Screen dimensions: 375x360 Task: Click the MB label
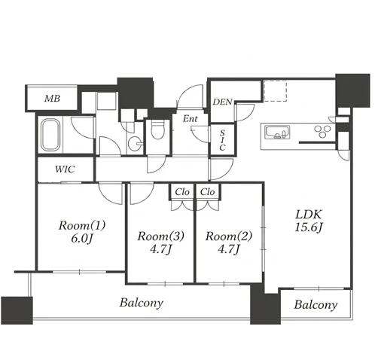pyautogui.click(x=52, y=99)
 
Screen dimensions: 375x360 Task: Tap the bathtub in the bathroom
pyautogui.click(x=50, y=136)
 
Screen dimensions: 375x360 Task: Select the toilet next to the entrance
pyautogui.click(x=157, y=130)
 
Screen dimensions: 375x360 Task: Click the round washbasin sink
pyautogui.click(x=135, y=144)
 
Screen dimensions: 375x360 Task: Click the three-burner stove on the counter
pyautogui.click(x=323, y=131)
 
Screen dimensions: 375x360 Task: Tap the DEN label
pyautogui.click(x=223, y=102)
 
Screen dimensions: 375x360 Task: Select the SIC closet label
pyautogui.click(x=222, y=140)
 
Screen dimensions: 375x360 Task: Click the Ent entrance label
pyautogui.click(x=191, y=118)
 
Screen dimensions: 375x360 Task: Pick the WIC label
pyautogui.click(x=65, y=169)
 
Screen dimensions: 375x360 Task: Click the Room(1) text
pyautogui.click(x=82, y=225)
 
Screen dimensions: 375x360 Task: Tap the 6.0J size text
pyautogui.click(x=82, y=238)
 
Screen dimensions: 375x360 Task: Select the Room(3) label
pyautogui.click(x=160, y=236)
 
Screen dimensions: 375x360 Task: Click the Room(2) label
pyautogui.click(x=229, y=236)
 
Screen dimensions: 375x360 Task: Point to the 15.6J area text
pyautogui.click(x=308, y=227)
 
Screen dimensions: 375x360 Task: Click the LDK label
pyautogui.click(x=309, y=215)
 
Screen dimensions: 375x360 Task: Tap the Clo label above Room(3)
pyautogui.click(x=182, y=192)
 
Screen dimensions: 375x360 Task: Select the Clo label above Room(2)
pyautogui.click(x=208, y=192)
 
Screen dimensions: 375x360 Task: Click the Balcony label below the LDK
pyautogui.click(x=316, y=305)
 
